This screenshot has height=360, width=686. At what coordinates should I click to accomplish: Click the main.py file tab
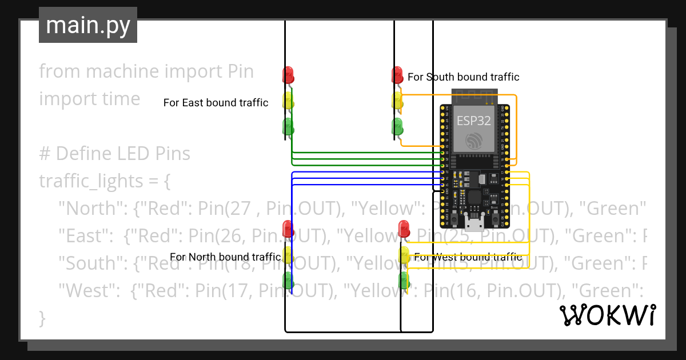coord(88,25)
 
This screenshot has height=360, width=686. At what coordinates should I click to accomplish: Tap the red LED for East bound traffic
coord(288,74)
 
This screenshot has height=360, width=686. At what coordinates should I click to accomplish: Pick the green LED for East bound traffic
coord(288,126)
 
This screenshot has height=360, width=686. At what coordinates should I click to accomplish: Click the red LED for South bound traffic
coord(397,74)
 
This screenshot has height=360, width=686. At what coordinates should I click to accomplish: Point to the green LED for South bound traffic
coord(397,126)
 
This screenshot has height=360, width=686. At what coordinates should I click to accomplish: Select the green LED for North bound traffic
coord(288,280)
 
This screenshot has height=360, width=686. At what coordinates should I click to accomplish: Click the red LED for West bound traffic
coord(405,229)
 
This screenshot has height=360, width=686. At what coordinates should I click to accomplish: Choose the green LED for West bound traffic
coord(405,280)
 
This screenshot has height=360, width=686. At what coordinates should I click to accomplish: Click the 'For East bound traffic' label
coord(216,103)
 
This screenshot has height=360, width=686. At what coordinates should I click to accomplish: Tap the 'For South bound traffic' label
coord(464,77)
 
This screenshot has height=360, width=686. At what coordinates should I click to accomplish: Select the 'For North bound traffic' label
coord(225,257)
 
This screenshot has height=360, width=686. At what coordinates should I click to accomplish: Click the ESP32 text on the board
coord(474,121)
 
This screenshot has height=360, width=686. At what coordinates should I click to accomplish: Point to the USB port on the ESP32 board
coord(474,220)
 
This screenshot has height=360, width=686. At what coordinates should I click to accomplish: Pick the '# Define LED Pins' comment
coord(114,154)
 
